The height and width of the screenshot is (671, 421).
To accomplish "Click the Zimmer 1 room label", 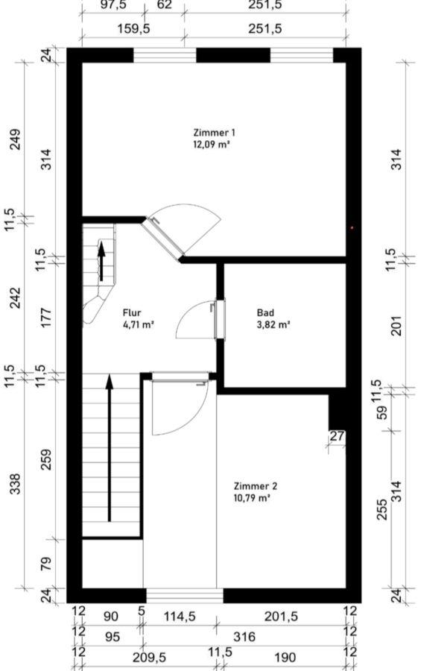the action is (x=214, y=133).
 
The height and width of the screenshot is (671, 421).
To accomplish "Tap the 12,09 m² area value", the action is (x=212, y=145).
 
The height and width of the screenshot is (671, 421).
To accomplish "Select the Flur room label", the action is (x=132, y=313).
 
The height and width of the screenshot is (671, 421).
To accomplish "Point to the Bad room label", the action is (x=265, y=313).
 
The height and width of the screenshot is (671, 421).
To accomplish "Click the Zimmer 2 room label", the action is (x=256, y=486).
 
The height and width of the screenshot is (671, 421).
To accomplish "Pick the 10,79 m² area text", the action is (x=252, y=498).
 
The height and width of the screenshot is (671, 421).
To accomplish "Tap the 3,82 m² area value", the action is (x=273, y=325).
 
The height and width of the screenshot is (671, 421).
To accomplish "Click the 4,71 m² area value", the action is (x=138, y=325).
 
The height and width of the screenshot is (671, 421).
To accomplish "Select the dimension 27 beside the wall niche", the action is (x=337, y=436).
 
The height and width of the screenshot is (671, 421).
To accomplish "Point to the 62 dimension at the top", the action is (x=164, y=4).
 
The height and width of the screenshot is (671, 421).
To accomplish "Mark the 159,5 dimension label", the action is (x=133, y=29).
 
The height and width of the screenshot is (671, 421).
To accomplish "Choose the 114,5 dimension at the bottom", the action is (x=180, y=617).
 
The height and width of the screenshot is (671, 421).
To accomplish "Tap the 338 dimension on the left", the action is (x=16, y=484).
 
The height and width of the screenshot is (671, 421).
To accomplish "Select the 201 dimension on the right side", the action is (x=397, y=326).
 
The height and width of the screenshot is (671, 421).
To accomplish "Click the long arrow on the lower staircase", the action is (x=109, y=448).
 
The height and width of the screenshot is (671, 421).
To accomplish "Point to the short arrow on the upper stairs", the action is (x=101, y=262).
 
